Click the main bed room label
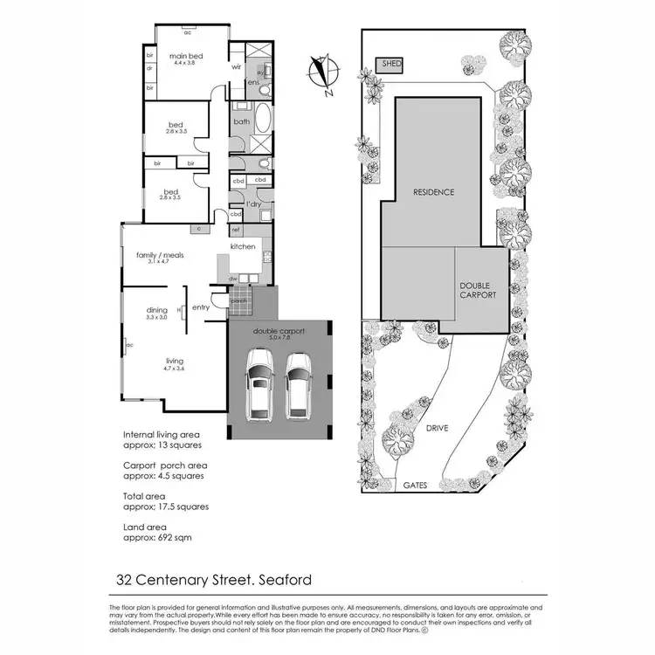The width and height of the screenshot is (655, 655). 187,59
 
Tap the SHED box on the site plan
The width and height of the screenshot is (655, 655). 388,65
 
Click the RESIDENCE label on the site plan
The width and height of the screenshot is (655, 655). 434,192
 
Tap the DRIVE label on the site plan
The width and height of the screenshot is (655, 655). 437,429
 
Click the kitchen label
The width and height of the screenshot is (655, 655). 243,247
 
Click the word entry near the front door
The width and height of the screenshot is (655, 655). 201,307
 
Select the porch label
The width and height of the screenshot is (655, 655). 238,301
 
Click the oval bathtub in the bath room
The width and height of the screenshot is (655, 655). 262,122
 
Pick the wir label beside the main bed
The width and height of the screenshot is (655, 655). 236,66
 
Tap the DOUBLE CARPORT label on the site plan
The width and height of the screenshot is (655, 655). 478,290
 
